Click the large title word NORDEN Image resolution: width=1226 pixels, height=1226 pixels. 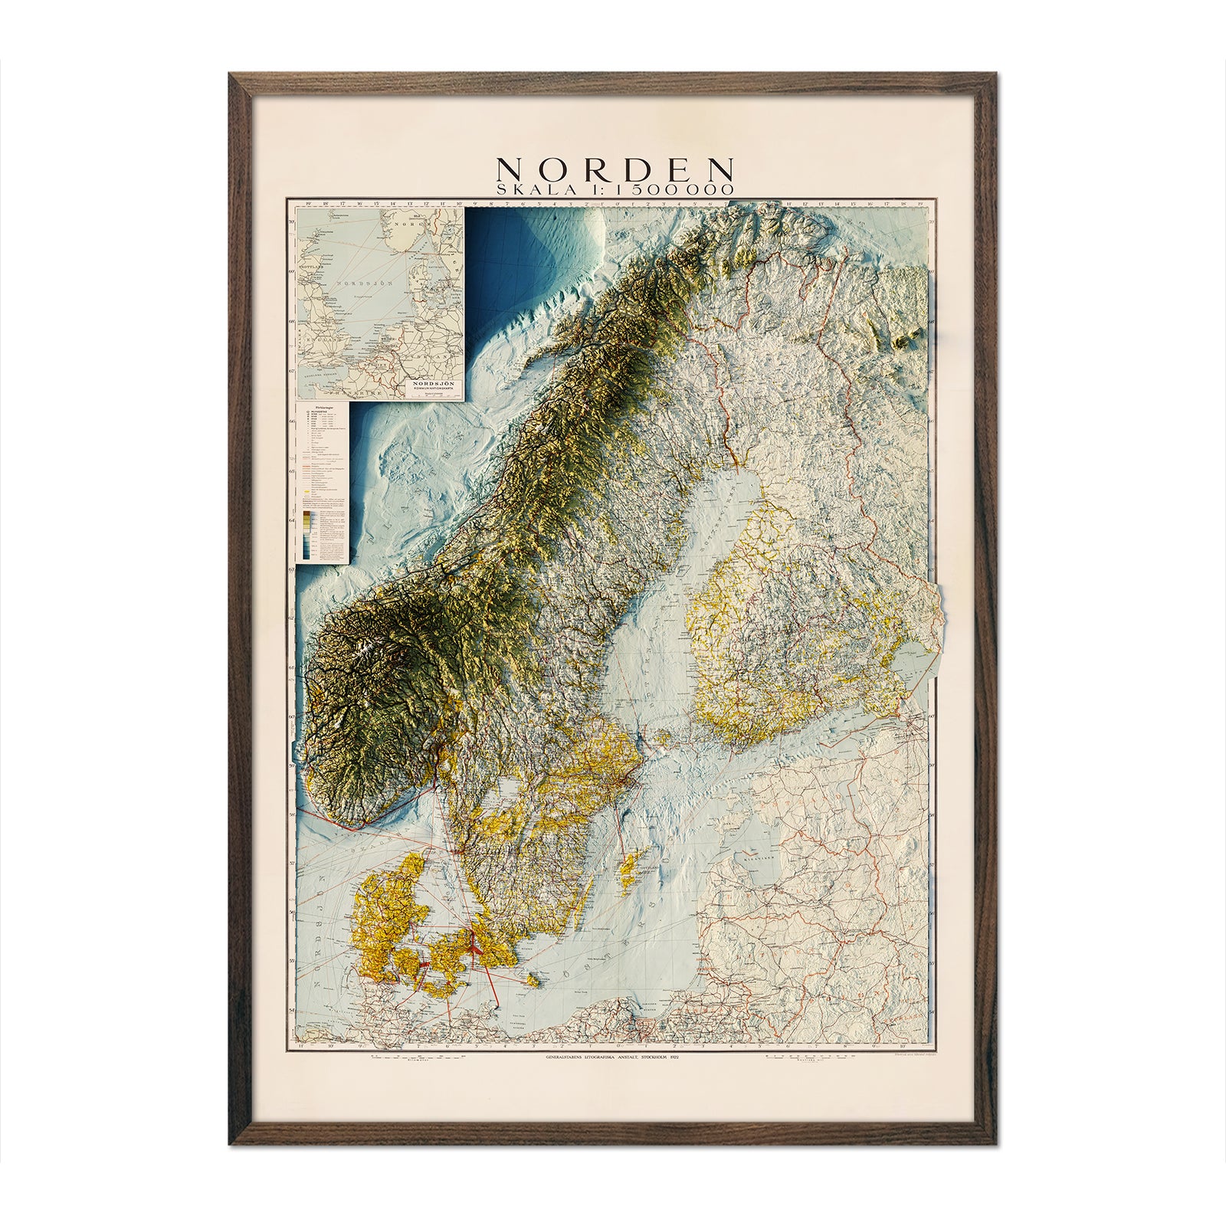point(615,169)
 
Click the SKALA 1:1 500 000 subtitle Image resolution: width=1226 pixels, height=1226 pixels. point(615,188)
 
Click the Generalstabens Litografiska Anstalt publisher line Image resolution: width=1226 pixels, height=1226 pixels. point(613,1057)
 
